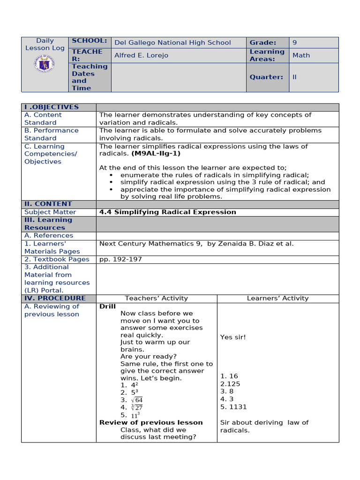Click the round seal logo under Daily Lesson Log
click(x=45, y=63)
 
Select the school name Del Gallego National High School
click(x=172, y=43)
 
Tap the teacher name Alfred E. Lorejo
click(x=141, y=55)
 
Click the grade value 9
click(x=294, y=43)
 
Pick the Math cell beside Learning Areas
click(x=301, y=55)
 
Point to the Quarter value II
click(x=294, y=77)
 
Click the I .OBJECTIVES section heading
click(x=52, y=107)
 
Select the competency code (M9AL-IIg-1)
click(x=156, y=153)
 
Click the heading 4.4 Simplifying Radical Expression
click(x=168, y=212)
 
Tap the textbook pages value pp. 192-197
click(x=120, y=259)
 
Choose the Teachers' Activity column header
click(x=156, y=298)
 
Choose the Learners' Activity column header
click(x=277, y=298)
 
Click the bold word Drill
click(x=107, y=307)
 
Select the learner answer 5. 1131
click(x=233, y=407)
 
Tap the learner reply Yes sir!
click(x=233, y=337)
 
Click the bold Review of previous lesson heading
click(x=151, y=422)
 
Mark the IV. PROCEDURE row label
click(x=55, y=298)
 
